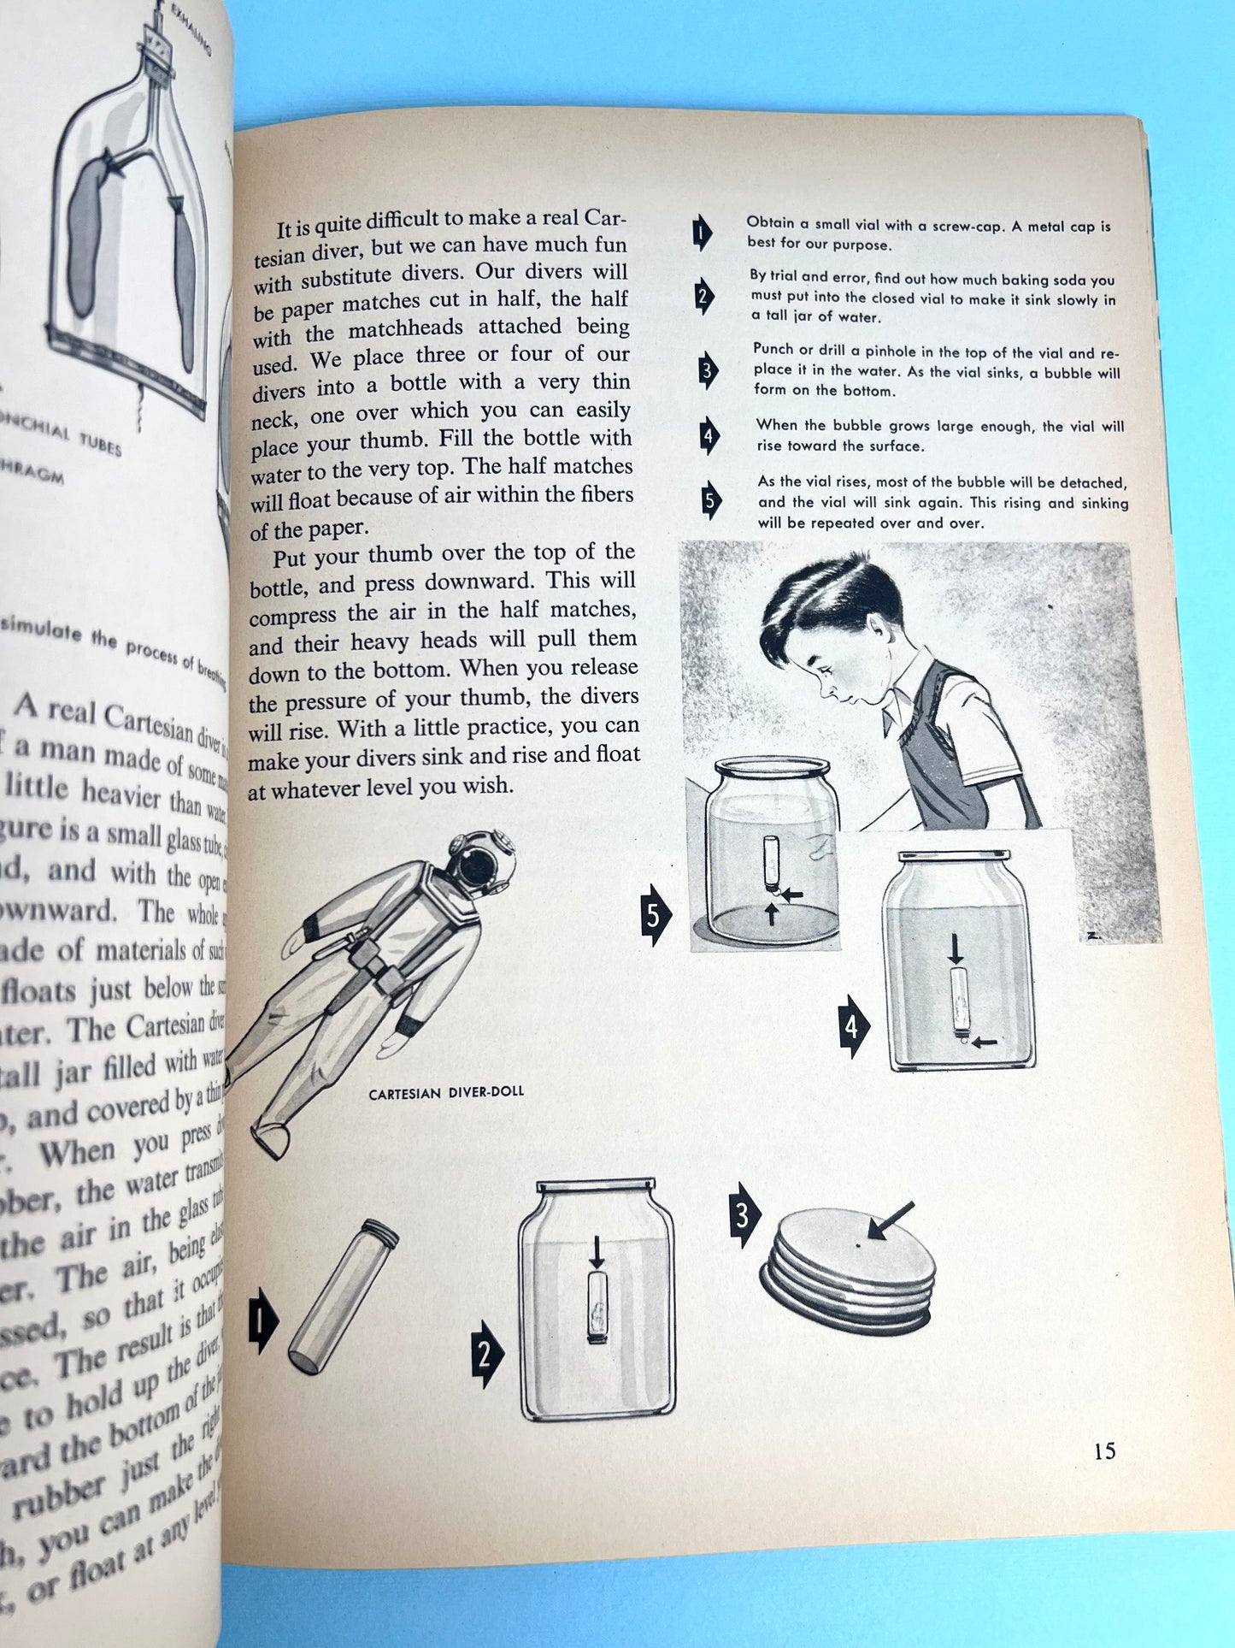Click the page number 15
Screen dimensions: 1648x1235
coord(1104,1450)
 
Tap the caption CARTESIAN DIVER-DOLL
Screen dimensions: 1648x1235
coord(446,1093)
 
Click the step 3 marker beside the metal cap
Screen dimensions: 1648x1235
coord(743,1215)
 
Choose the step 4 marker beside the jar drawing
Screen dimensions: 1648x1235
coord(851,1026)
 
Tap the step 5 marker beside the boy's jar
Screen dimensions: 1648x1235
coord(655,914)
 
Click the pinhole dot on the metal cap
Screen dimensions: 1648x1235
coord(859,1245)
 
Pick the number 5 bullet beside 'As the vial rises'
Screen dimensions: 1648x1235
coord(710,501)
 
